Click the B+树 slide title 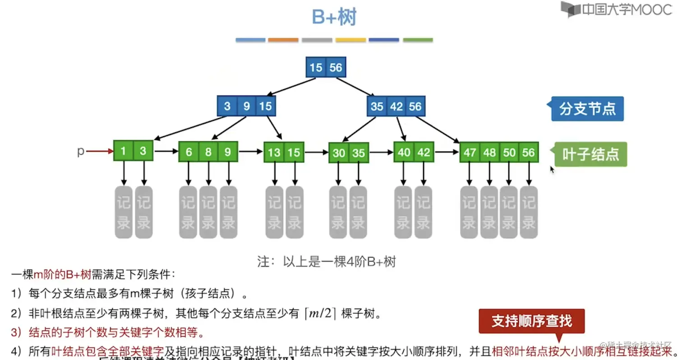[x=334, y=18]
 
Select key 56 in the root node [x=336, y=68]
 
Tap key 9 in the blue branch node [x=247, y=106]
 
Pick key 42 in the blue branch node [x=396, y=106]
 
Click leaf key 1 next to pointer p [x=123, y=151]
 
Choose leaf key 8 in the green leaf [x=208, y=152]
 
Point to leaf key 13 [x=274, y=152]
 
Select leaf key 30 [x=339, y=153]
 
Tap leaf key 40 [x=404, y=152]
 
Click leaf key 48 [x=489, y=152]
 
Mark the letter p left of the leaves [x=81, y=151]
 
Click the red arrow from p [x=99, y=152]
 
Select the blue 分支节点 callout [x=587, y=109]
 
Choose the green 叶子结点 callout [x=590, y=154]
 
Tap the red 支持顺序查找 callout [x=531, y=321]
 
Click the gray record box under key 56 [x=529, y=212]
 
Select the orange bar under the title [x=283, y=40]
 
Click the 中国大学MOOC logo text [x=626, y=9]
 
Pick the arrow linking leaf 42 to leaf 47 [x=447, y=152]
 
